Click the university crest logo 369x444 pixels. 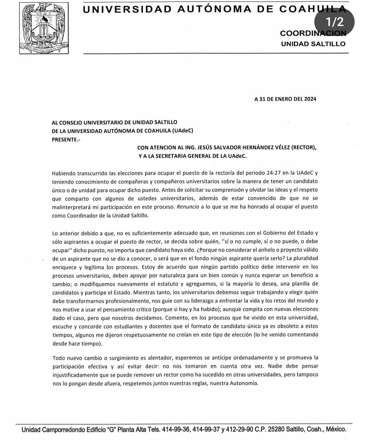click(x=44, y=28)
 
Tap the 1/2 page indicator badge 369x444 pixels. click(x=334, y=22)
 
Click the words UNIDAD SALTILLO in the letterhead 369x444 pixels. click(x=313, y=44)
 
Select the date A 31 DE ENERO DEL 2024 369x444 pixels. click(x=285, y=99)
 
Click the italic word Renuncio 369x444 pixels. click(x=188, y=207)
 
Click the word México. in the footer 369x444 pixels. click(x=336, y=429)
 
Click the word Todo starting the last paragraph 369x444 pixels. click(x=58, y=358)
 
